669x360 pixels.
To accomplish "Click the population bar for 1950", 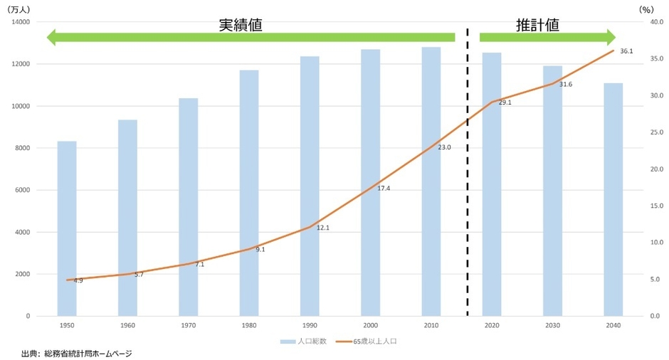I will pyautogui.click(x=67, y=228).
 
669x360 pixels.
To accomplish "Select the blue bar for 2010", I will pyautogui.click(x=431, y=181).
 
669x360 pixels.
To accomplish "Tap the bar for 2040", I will pyautogui.click(x=613, y=199).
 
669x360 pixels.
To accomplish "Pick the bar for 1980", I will pyautogui.click(x=249, y=192).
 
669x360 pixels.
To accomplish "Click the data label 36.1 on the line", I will pyautogui.click(x=626, y=51).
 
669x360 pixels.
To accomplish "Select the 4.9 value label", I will pyautogui.click(x=78, y=281).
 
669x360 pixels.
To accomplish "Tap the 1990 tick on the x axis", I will pyautogui.click(x=310, y=325).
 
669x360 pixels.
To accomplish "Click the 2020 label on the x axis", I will pyautogui.click(x=492, y=325).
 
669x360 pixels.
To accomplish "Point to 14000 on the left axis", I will pyautogui.click(x=20, y=22).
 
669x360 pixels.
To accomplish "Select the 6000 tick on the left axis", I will pyautogui.click(x=21, y=190).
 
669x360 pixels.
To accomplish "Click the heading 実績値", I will pyautogui.click(x=241, y=25).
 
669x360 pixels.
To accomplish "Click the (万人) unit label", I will pyautogui.click(x=18, y=10).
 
